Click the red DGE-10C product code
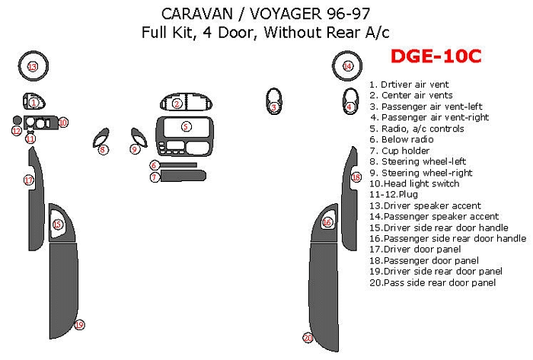[x=436, y=56]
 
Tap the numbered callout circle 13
[x=33, y=66]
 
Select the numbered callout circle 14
[x=347, y=66]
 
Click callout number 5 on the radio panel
[x=186, y=126]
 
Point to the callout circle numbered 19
[x=79, y=325]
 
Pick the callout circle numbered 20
[x=308, y=338]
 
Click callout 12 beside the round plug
[x=16, y=131]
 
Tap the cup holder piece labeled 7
[x=184, y=176]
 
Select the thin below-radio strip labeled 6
[x=178, y=165]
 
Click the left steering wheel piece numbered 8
[x=101, y=138]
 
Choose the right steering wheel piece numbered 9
[x=139, y=137]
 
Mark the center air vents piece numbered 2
[x=187, y=103]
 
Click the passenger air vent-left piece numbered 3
[x=273, y=100]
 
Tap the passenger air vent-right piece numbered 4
[x=350, y=100]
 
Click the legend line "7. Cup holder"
[x=400, y=151]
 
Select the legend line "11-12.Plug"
[x=394, y=195]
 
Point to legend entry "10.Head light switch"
[x=414, y=183]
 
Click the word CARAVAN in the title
[x=197, y=14]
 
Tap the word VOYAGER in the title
[x=286, y=14]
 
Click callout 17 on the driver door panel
[x=29, y=180]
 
